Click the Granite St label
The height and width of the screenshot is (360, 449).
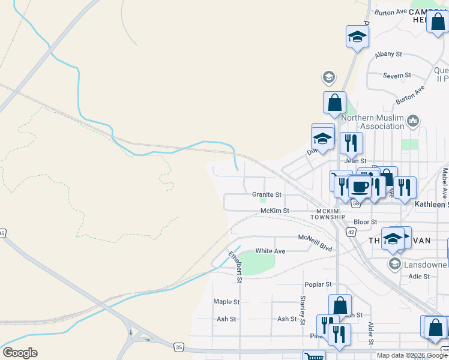[x=267, y=194]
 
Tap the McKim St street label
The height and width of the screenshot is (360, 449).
[x=275, y=211]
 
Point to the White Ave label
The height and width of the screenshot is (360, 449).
[x=270, y=251]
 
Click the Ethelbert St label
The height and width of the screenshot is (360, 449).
[x=235, y=267]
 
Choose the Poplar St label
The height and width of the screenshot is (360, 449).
[x=318, y=284]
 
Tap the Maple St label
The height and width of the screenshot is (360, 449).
[x=226, y=302]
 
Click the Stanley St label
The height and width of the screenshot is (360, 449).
[x=303, y=307]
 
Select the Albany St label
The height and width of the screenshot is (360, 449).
[x=388, y=54]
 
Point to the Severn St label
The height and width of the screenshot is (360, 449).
[x=397, y=76]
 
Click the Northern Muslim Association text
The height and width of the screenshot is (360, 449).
[x=373, y=122]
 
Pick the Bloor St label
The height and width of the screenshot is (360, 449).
[x=365, y=222]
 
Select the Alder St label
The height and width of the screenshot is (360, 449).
[x=370, y=334]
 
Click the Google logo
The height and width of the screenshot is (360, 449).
[x=20, y=353]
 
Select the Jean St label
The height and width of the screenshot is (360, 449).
[x=355, y=161]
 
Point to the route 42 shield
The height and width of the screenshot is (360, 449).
[x=351, y=231]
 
